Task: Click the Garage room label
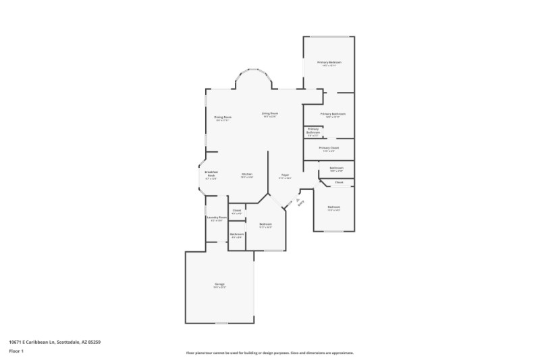point(220,284)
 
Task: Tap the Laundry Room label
point(217,217)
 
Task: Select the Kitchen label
point(247,174)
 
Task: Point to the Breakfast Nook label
point(211,174)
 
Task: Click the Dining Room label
point(223,118)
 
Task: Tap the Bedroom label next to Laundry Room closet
point(265,224)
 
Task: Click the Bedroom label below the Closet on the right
point(334,207)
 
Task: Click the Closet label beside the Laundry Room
point(237,211)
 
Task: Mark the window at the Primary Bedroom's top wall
point(329,36)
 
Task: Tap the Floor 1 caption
point(16,351)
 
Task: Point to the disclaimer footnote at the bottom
point(269,353)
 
